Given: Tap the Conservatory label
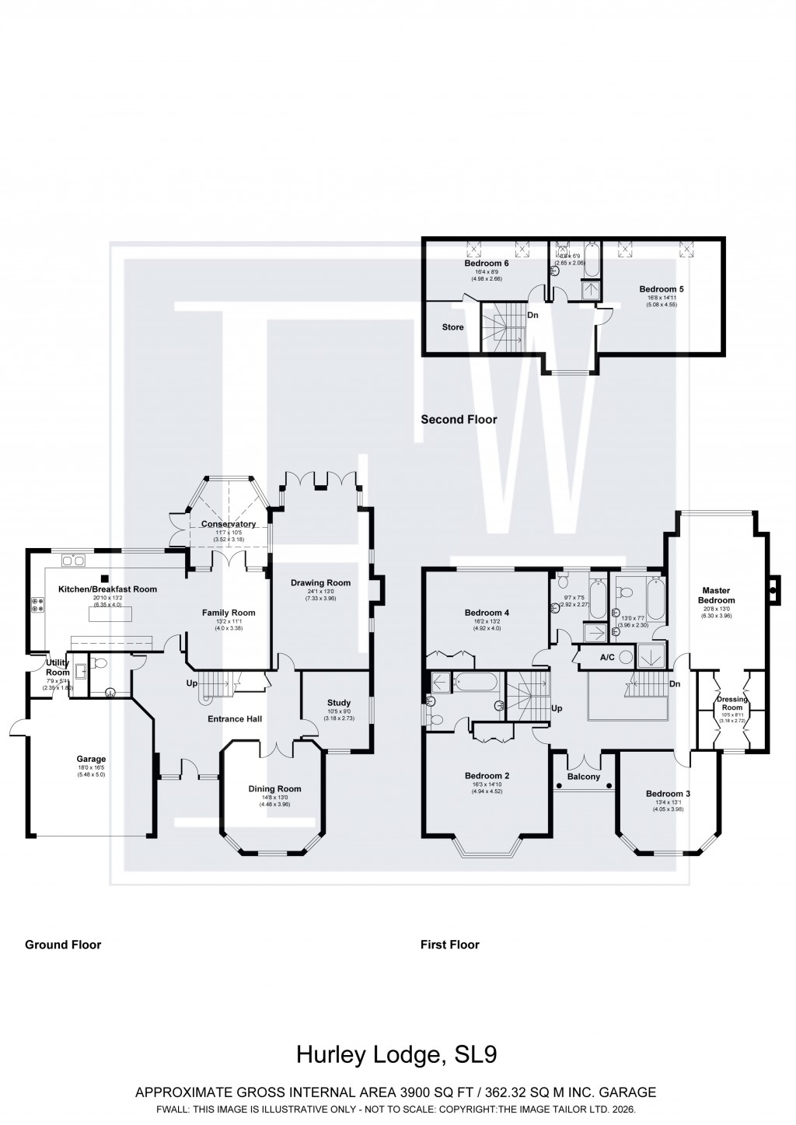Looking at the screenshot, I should point(229,524).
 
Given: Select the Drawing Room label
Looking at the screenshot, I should point(320,582).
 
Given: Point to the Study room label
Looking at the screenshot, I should point(338,703).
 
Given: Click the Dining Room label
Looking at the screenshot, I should point(274,788).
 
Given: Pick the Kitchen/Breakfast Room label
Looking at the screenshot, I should point(107,589).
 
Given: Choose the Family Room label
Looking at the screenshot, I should point(229,613).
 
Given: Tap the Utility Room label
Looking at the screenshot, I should point(58,667).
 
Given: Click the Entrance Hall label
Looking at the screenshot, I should point(234,719).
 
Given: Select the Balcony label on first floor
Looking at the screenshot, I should point(583,777).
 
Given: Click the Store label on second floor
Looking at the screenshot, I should point(452,327).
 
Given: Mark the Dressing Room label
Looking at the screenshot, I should point(731,703).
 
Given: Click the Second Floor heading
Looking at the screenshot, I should point(459,420).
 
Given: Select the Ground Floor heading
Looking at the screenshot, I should point(63,945).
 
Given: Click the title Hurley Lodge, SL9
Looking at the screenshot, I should point(396,1055).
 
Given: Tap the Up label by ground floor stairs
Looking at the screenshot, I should point(191,683).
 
